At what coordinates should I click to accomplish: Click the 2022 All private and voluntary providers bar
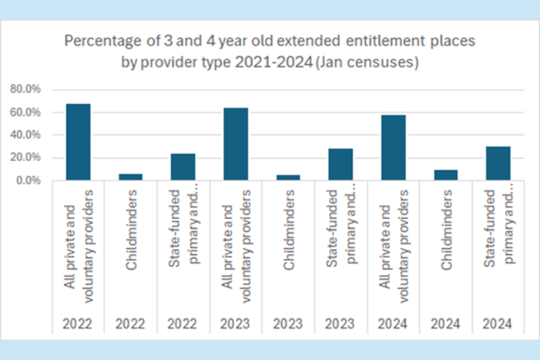tap(78, 142)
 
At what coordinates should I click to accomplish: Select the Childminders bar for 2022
tap(130, 177)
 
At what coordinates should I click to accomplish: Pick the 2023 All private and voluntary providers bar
tap(236, 144)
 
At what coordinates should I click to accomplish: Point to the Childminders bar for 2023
tap(288, 177)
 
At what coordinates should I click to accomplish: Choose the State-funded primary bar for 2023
tap(340, 165)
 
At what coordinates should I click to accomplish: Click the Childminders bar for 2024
tap(445, 175)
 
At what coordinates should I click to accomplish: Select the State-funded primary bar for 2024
tap(498, 163)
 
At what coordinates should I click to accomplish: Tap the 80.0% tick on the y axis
tap(25, 89)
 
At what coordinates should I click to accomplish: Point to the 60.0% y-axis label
tap(25, 112)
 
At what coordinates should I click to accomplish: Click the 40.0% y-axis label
tap(25, 135)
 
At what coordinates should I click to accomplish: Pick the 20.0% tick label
tap(25, 158)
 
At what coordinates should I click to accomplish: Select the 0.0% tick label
tap(27, 181)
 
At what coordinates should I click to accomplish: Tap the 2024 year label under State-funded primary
tap(498, 324)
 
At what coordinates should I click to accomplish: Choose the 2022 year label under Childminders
tap(130, 324)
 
